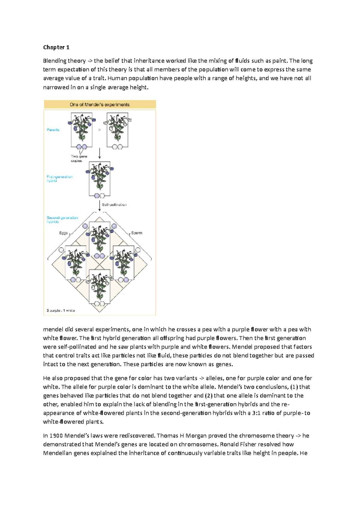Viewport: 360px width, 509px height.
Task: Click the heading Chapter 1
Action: click(56, 47)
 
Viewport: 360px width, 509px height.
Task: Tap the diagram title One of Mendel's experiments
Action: click(100, 105)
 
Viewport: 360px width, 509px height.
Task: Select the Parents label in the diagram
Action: click(53, 130)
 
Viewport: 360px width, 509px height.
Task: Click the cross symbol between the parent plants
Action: click(100, 130)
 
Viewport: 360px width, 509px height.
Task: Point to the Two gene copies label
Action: click(79, 158)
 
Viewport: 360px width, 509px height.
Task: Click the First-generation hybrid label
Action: click(59, 179)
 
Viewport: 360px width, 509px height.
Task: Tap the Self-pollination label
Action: click(114, 205)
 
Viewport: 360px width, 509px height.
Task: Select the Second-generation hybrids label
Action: click(62, 219)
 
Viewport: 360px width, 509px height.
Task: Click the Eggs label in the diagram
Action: click(63, 233)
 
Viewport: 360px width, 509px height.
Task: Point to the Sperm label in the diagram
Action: click(136, 233)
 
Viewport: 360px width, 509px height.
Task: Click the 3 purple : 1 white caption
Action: click(61, 311)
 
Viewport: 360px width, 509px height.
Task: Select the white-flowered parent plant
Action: click(118, 129)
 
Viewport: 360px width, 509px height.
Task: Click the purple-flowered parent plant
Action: click(82, 129)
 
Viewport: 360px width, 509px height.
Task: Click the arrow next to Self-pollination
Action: click(100, 205)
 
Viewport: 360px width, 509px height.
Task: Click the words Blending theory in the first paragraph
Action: click(64, 61)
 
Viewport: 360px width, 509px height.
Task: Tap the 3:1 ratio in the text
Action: click(256, 413)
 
